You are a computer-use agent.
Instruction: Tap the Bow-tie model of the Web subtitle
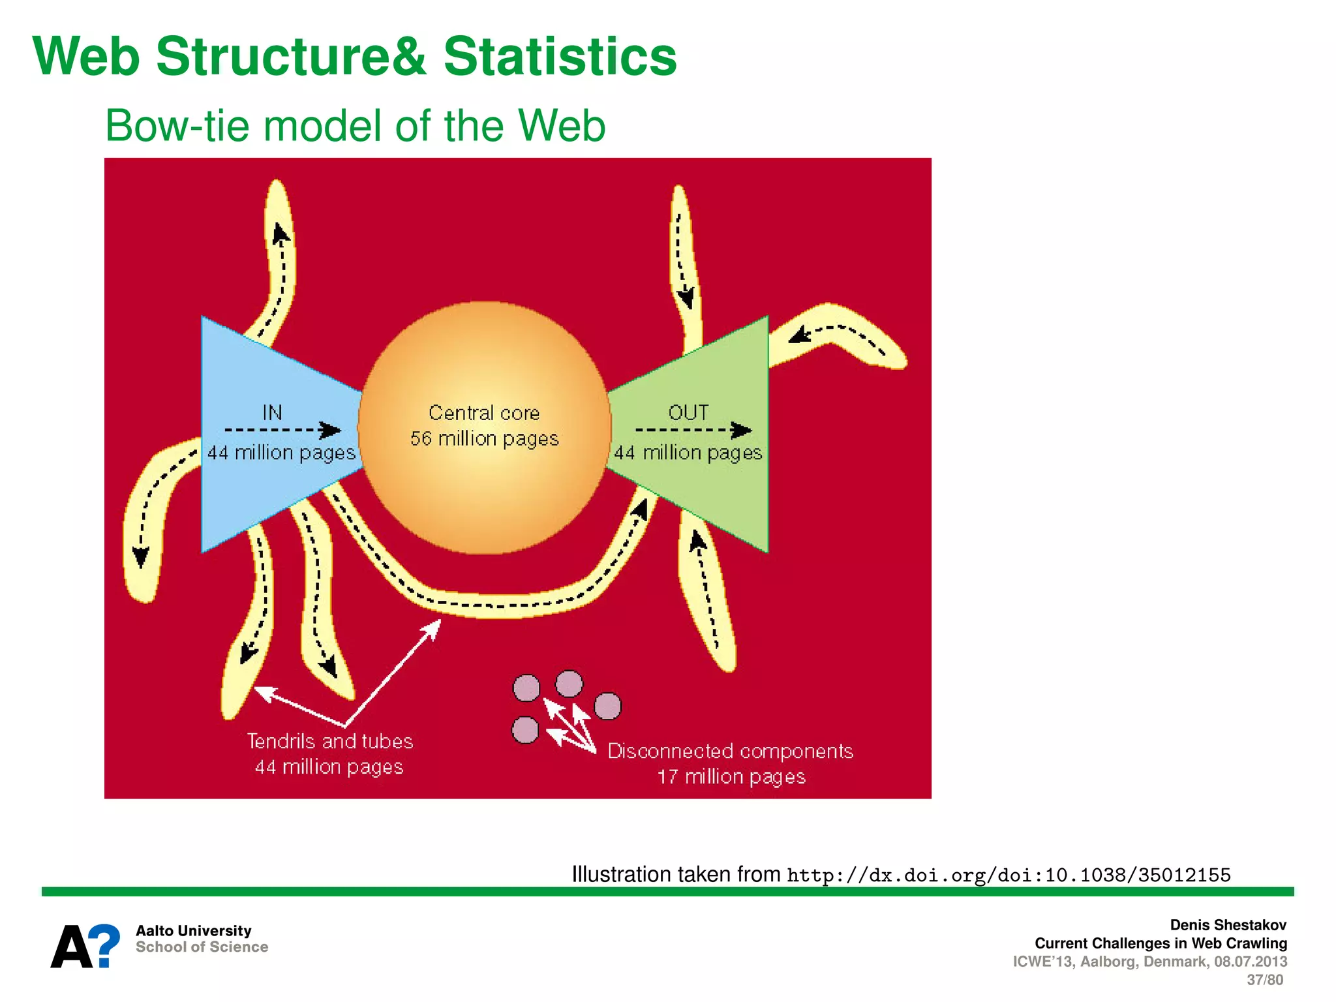[x=356, y=125]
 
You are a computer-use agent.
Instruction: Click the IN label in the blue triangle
[x=272, y=412]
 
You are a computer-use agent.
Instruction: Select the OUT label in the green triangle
[x=688, y=412]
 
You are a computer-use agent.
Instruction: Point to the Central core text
[x=484, y=413]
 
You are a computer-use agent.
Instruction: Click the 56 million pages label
[x=484, y=439]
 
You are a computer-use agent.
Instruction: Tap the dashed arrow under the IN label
[x=282, y=430]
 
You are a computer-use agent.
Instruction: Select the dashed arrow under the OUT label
[x=693, y=430]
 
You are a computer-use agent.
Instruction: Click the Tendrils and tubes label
[x=330, y=742]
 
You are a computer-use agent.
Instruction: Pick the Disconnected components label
[x=730, y=751]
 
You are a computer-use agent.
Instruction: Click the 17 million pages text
[x=731, y=777]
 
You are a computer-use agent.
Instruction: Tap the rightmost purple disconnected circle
[x=608, y=706]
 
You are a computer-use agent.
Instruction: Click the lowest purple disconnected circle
[x=525, y=730]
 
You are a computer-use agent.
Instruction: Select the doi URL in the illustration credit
[x=1009, y=875]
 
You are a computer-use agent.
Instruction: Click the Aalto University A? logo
[x=85, y=946]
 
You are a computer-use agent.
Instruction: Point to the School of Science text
[x=202, y=947]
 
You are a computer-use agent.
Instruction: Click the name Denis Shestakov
[x=1228, y=925]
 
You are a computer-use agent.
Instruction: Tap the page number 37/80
[x=1264, y=980]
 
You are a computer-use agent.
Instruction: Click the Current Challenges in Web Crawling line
[x=1161, y=943]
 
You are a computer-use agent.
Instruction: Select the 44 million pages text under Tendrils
[x=329, y=767]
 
